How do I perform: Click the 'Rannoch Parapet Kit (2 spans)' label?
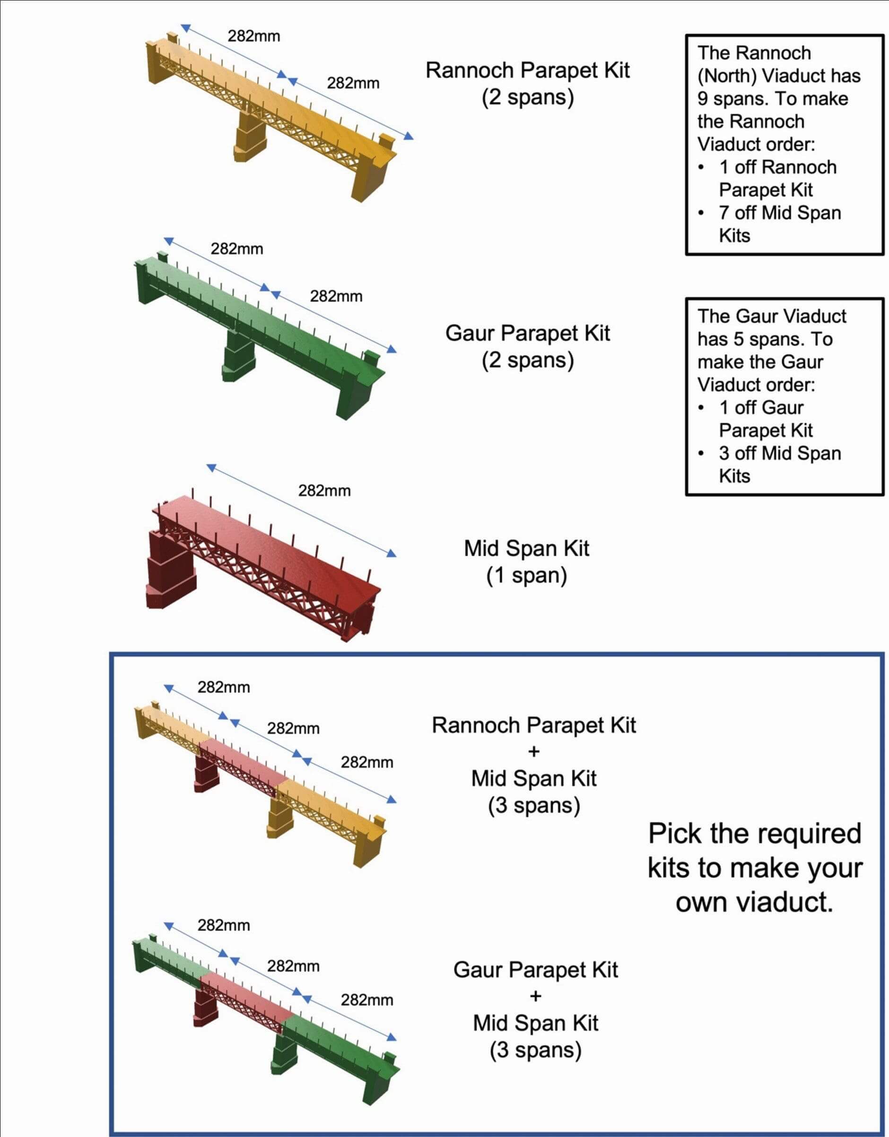click(527, 83)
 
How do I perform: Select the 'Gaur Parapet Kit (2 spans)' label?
click(527, 347)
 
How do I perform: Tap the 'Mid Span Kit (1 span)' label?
click(526, 562)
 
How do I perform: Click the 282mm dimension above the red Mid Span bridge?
click(324, 491)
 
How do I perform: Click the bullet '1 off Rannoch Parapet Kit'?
click(777, 178)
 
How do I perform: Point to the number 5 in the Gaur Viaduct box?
click(739, 339)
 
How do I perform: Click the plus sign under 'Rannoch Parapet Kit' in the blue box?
click(534, 752)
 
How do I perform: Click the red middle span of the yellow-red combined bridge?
click(242, 762)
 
